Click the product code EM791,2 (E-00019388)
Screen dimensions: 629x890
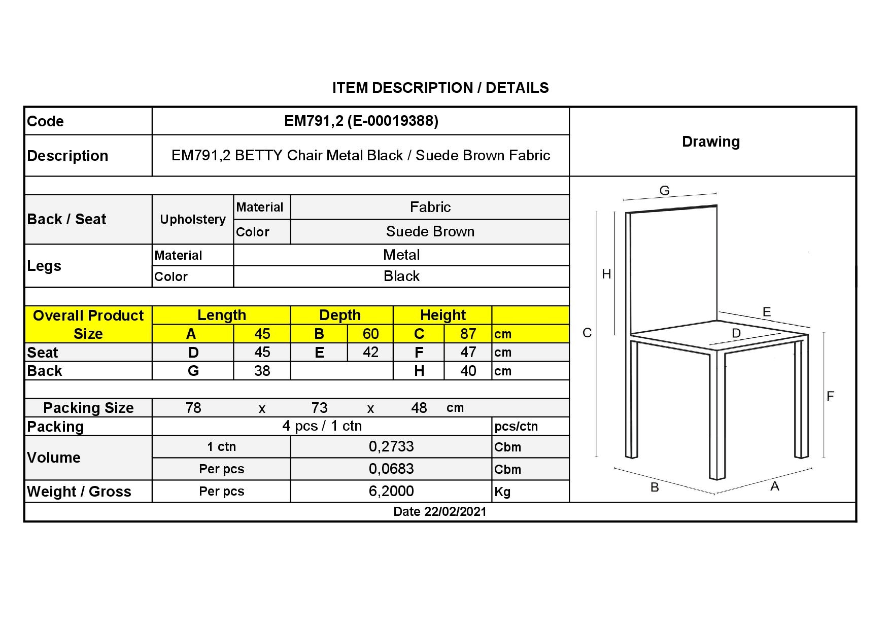pos(361,121)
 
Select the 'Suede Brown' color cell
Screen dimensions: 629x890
pos(430,232)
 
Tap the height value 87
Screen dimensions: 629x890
pos(468,334)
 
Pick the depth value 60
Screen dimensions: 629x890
pos(370,334)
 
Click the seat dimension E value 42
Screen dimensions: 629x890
pos(370,353)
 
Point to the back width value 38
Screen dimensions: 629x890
pos(262,371)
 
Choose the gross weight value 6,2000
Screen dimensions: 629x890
pos(391,491)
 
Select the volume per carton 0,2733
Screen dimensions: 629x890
pos(391,446)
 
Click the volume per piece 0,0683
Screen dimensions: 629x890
pos(391,469)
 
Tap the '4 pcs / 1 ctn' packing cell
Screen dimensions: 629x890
pos(322,426)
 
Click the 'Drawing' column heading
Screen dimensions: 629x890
pos(710,142)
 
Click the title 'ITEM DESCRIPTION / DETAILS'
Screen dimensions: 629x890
pos(440,88)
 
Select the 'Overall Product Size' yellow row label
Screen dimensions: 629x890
pos(88,325)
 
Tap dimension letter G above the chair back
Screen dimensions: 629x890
pos(664,191)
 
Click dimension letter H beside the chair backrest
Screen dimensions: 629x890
pos(606,274)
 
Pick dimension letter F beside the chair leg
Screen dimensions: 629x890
pos(830,396)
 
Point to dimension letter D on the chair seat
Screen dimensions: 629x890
pos(736,333)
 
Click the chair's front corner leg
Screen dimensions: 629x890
pos(716,416)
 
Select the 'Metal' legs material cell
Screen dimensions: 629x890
pos(401,255)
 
